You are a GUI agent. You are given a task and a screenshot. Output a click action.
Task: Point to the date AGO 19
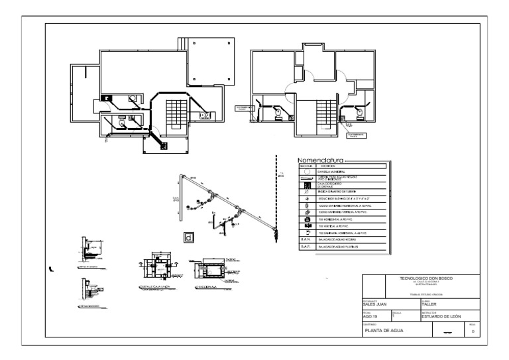click(369, 317)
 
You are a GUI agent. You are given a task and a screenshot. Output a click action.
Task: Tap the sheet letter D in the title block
click(473, 331)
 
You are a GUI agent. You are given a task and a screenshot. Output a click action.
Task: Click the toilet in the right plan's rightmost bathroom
click(360, 113)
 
